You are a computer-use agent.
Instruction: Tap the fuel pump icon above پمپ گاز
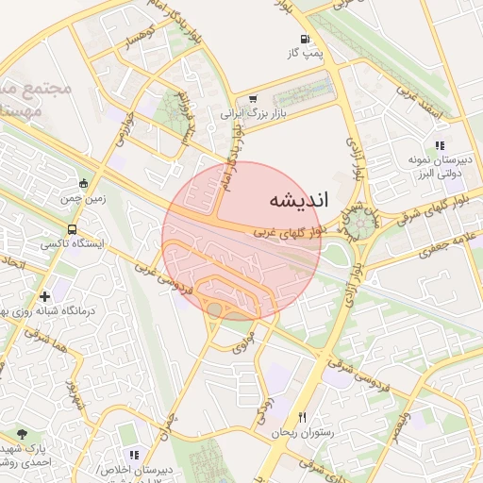(305, 40)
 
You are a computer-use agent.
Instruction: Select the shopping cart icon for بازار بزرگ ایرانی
(253, 99)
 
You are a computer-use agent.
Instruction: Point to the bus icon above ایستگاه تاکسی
(73, 229)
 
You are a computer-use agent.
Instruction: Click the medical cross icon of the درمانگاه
(45, 296)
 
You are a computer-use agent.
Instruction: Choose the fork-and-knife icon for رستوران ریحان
(302, 417)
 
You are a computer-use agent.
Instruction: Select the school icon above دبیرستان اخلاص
(133, 456)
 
